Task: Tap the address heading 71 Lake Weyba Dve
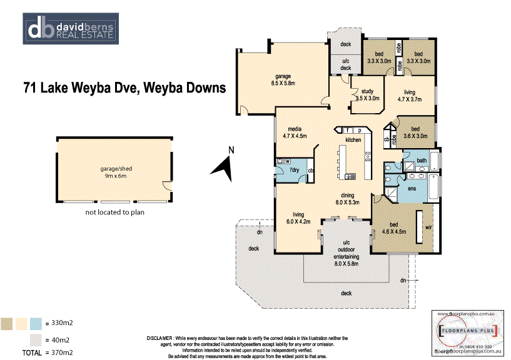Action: [124, 88]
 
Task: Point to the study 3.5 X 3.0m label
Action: [367, 95]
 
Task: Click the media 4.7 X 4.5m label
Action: [295, 132]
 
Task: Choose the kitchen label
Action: [353, 140]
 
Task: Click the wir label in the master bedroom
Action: [428, 228]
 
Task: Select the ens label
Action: [412, 187]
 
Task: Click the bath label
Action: [422, 161]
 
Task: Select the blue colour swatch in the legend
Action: [35, 323]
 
